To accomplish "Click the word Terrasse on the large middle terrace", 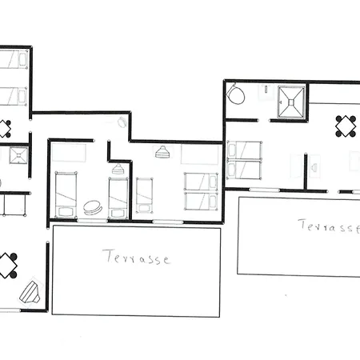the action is click(x=136, y=257).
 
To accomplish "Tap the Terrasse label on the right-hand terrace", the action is click(x=330, y=226).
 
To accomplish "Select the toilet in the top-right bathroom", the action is click(x=236, y=94).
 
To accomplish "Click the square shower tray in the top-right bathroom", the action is click(x=291, y=102).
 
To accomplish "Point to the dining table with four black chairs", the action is click(x=346, y=126).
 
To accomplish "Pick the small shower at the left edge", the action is click(x=18, y=155).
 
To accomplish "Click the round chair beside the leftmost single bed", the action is click(x=93, y=207).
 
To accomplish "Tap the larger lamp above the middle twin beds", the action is click(x=162, y=152).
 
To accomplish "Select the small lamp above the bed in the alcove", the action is click(x=118, y=169).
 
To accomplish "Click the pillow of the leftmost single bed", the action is click(x=66, y=212).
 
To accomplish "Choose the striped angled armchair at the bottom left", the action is click(x=30, y=292).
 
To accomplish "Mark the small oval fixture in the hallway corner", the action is click(x=122, y=122).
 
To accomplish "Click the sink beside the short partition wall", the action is click(x=314, y=167).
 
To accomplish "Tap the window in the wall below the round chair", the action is click(x=92, y=221).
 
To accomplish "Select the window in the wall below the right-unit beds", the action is click(x=265, y=190).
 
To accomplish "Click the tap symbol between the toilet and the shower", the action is click(x=266, y=89).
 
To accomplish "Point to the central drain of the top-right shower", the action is click(x=291, y=102).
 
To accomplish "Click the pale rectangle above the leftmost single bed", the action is click(x=69, y=153).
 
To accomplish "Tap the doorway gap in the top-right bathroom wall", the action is click(x=264, y=121).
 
